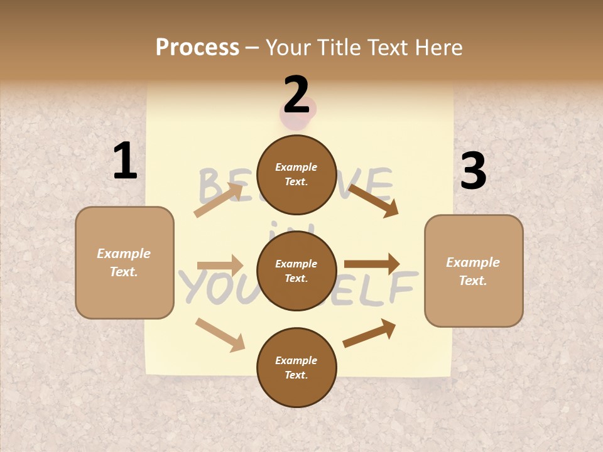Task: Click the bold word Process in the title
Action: (x=197, y=47)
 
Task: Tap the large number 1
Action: (x=125, y=161)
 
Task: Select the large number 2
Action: (x=296, y=95)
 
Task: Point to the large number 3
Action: (x=473, y=171)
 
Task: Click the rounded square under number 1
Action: (x=124, y=262)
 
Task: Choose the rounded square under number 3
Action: (x=474, y=271)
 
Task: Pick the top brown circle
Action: (x=296, y=175)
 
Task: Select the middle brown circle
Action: (x=296, y=271)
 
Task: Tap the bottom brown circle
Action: (x=296, y=368)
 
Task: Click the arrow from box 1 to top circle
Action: (x=218, y=200)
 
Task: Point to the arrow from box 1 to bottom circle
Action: (x=220, y=334)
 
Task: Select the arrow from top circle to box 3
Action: (x=373, y=200)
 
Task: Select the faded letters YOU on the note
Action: (x=207, y=286)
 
